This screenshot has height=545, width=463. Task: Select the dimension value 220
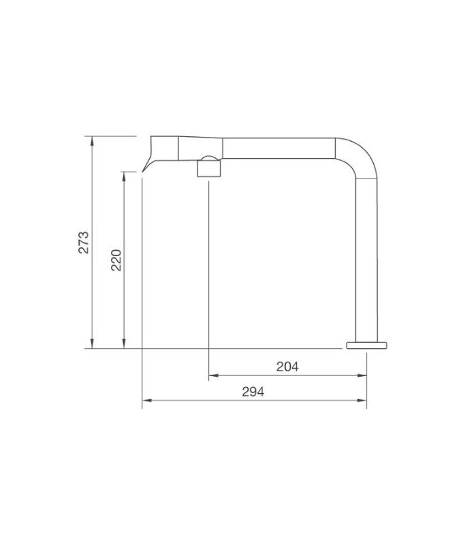pos(116,260)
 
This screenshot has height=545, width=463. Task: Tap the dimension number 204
pos(287,367)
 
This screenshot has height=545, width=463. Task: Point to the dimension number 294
pos(253,392)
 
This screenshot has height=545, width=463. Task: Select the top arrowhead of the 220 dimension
pos(123,175)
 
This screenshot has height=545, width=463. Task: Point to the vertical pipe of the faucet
pos(367,259)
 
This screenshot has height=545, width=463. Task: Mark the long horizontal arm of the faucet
pos(279,147)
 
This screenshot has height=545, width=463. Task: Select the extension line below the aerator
pos(208,272)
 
